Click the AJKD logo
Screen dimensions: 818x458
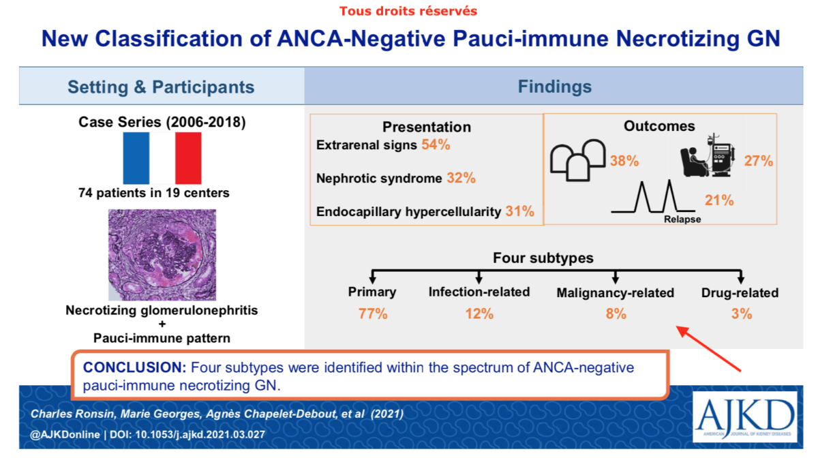coord(744,416)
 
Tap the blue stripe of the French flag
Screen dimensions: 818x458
coord(136,158)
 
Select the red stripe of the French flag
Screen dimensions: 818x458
coord(188,158)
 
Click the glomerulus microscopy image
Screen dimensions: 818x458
coord(162,255)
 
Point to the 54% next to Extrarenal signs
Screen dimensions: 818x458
coord(436,144)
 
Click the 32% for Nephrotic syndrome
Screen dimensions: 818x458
coord(461,178)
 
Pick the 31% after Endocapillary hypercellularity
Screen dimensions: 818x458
coord(519,211)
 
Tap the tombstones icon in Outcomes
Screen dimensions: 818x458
coord(578,160)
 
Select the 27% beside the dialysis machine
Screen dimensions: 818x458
coord(759,161)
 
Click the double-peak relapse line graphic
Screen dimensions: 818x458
coord(653,196)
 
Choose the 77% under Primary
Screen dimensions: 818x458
coord(373,314)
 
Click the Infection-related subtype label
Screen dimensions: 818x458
coord(479,292)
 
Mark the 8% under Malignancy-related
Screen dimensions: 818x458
coord(616,314)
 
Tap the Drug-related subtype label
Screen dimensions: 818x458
coord(740,292)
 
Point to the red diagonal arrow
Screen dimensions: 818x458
coord(708,349)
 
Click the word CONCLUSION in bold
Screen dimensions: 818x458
coord(135,367)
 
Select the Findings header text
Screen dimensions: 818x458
coord(555,87)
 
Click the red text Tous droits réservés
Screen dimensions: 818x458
coord(408,11)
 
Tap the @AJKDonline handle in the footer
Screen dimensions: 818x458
coord(65,434)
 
